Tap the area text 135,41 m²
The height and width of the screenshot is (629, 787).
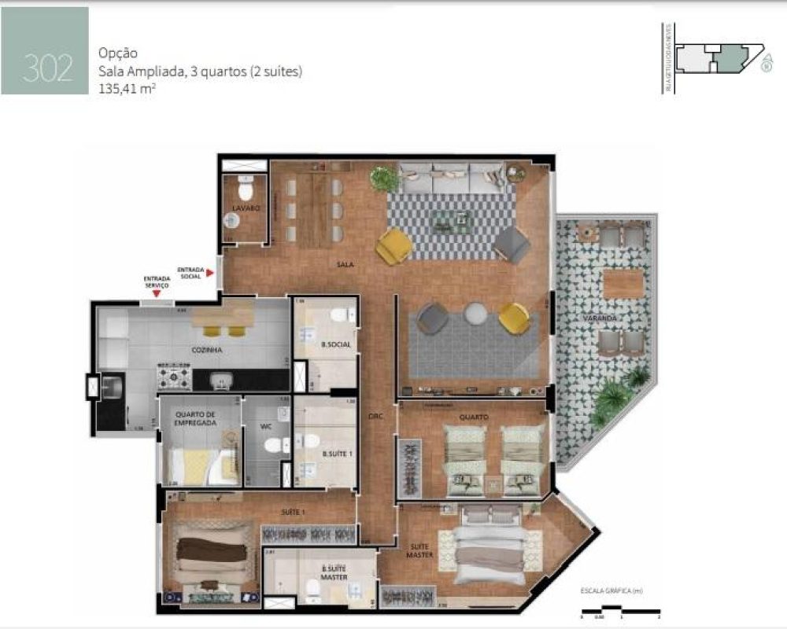click(x=126, y=89)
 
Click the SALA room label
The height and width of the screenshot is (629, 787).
click(x=345, y=265)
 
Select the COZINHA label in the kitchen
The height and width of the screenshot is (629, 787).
click(x=206, y=350)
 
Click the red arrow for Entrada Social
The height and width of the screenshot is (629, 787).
click(x=210, y=272)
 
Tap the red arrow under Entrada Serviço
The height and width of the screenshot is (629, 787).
click(x=157, y=293)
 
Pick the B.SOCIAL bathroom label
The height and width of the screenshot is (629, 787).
click(x=336, y=345)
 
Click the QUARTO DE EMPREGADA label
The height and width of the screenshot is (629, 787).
click(x=196, y=417)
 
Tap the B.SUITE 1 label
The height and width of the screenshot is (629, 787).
click(x=335, y=454)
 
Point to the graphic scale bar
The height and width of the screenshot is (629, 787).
click(x=615, y=607)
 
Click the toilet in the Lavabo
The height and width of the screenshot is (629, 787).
click(x=246, y=189)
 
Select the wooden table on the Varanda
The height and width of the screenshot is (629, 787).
click(x=623, y=282)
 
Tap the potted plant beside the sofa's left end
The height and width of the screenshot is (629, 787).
click(x=385, y=178)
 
